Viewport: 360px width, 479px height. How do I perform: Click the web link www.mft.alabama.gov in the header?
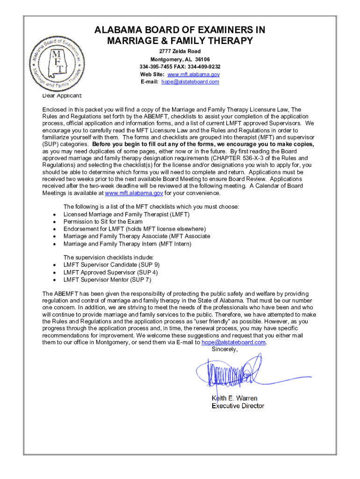(x=194, y=74)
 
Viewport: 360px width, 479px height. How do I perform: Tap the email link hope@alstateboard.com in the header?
(x=190, y=82)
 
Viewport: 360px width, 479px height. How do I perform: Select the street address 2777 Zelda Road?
(x=180, y=51)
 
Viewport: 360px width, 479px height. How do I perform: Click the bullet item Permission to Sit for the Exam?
(x=103, y=222)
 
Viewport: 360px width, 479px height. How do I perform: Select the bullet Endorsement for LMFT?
(x=134, y=229)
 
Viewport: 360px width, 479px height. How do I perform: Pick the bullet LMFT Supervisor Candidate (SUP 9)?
(x=111, y=264)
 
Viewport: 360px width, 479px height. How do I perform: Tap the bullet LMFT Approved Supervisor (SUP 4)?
(x=110, y=272)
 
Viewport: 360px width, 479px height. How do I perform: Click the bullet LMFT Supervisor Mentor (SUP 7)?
(x=107, y=279)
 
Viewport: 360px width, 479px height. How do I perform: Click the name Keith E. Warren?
(x=235, y=398)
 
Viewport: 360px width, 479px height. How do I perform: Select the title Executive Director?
(x=238, y=406)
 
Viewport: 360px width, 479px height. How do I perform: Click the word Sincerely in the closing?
(x=224, y=349)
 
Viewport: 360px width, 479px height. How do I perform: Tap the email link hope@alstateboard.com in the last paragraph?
(x=233, y=342)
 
